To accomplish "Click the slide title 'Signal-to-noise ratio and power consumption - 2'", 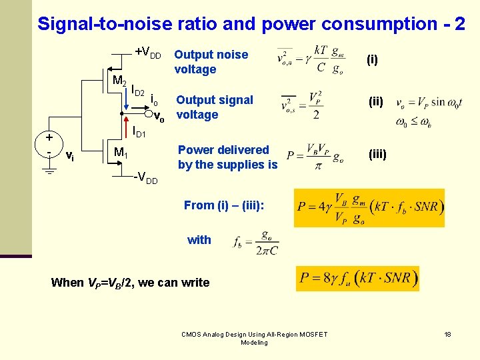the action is point(251,24).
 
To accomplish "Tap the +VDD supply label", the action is point(147,52).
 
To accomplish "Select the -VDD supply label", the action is point(145,179).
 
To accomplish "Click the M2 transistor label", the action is point(119,81).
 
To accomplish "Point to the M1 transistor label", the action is point(121,153).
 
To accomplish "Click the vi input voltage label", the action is point(69,155).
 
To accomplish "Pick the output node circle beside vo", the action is point(150,113).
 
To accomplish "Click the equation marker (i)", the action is point(372,60).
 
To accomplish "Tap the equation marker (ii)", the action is point(376,102).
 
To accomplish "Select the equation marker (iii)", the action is point(377,153).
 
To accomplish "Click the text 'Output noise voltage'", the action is point(211,62).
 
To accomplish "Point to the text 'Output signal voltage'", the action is point(215,107).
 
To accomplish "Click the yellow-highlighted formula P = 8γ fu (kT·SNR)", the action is point(357,277).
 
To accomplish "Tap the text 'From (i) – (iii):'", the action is point(223,205).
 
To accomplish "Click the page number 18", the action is point(448,334).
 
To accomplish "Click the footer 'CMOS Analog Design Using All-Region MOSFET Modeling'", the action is point(254,338).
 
